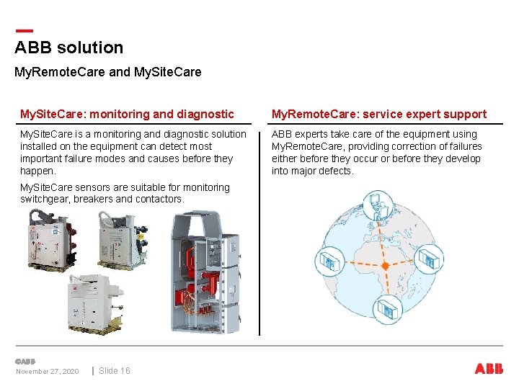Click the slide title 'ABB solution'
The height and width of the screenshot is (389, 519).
[x=69, y=48]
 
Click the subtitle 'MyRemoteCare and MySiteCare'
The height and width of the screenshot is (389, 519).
[x=108, y=72]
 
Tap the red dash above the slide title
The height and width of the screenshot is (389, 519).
[x=25, y=31]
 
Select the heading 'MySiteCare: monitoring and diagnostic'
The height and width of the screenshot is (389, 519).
[x=127, y=114]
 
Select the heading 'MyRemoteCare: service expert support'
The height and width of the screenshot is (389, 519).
[x=379, y=114]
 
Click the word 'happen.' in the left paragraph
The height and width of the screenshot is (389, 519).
[x=38, y=171]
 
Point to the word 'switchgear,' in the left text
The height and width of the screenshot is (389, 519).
[x=45, y=199]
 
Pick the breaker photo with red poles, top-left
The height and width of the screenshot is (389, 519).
[x=53, y=240]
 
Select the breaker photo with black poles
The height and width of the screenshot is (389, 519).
[x=123, y=240]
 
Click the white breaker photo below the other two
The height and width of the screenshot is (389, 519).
[x=95, y=304]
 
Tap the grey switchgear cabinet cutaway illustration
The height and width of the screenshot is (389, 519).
[x=205, y=272]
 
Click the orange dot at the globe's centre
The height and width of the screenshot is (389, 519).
[x=385, y=266]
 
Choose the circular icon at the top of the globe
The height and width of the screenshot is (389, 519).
[x=378, y=206]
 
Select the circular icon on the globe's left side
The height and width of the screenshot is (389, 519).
[x=330, y=261]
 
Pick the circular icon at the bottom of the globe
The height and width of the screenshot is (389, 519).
[x=388, y=309]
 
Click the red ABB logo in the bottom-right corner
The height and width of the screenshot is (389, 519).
[x=489, y=369]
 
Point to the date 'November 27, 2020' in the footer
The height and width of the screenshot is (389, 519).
[x=48, y=372]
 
